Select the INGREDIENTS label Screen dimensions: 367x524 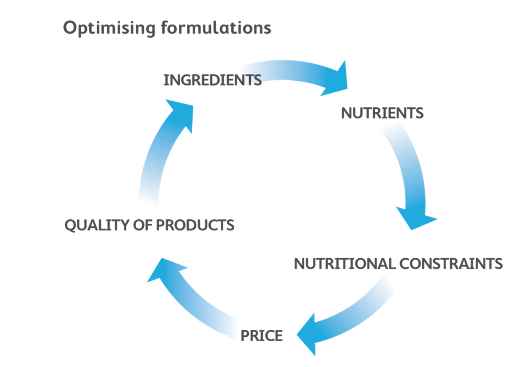[x=212, y=80]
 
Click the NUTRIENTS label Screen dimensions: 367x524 [x=382, y=113]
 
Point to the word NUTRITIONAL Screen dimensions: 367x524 [x=345, y=264]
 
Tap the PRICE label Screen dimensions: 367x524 [x=261, y=335]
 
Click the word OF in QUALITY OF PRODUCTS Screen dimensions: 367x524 [x=141, y=225]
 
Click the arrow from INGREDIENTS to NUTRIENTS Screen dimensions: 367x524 [x=306, y=74]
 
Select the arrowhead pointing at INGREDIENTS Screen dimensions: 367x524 [x=182, y=113]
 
